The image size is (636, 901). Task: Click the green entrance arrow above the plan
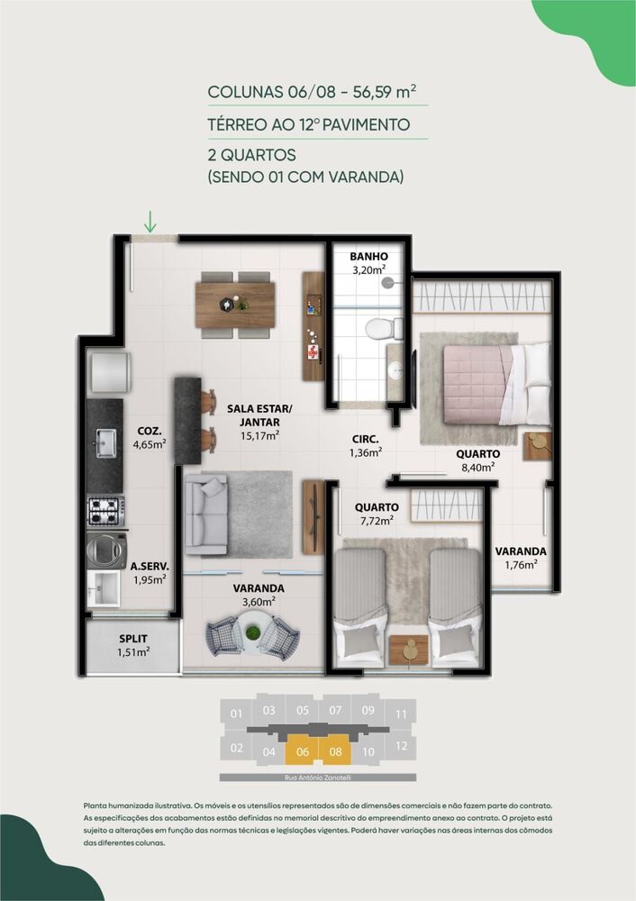150,221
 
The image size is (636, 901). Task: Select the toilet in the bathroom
386,328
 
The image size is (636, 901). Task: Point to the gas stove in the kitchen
106,511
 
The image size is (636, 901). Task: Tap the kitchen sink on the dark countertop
105,441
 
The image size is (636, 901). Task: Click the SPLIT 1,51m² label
132,645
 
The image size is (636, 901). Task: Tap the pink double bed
483,378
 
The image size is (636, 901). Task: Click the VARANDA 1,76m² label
520,558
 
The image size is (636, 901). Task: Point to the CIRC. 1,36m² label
366,446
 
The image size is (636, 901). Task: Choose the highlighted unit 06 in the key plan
302,749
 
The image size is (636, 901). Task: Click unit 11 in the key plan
401,714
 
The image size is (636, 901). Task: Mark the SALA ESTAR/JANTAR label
252,421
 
